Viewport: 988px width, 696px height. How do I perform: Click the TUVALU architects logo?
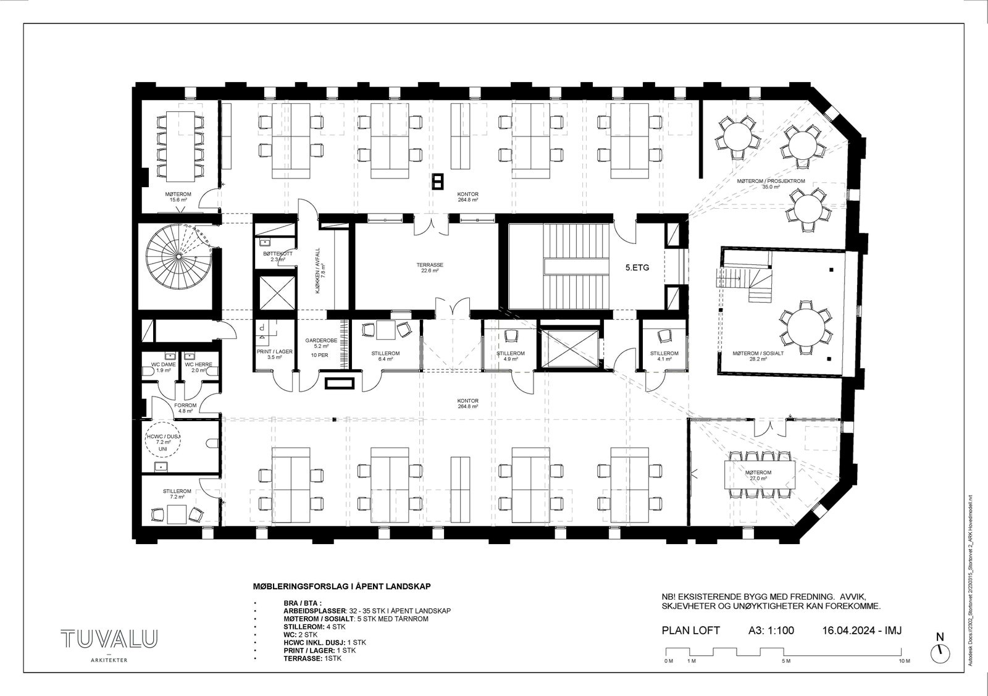coord(109,640)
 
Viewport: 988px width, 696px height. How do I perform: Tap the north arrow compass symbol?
coord(940,650)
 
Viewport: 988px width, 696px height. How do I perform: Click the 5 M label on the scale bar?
coord(785,661)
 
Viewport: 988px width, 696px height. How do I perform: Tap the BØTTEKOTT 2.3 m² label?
coord(273,256)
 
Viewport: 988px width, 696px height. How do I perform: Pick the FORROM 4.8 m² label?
coord(185,407)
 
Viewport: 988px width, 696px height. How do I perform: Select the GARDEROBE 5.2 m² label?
coord(320,344)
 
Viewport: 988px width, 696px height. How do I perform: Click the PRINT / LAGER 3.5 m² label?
coord(269,354)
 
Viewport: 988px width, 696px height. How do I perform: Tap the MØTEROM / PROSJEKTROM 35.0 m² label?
coord(771,183)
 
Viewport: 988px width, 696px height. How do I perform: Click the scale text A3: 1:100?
coord(767,631)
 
